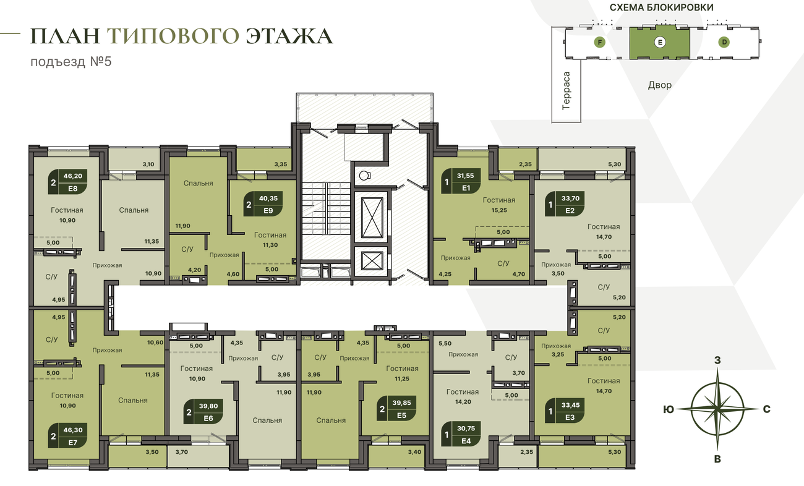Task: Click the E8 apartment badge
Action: coord(68,182)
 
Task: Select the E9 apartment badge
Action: coord(263,204)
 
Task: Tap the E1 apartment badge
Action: coord(461,181)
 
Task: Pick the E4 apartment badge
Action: coord(461,434)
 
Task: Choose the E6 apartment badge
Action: coord(203,412)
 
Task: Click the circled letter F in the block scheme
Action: coord(599,42)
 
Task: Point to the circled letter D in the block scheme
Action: coord(724,42)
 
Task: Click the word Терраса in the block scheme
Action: coord(566,91)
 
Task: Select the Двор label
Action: coord(660,85)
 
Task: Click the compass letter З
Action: coord(717,360)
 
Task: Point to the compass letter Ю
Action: coord(669,409)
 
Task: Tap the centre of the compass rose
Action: coord(717,409)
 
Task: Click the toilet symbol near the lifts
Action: coord(365,176)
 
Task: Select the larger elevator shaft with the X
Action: coord(372,218)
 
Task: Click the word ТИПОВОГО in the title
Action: coord(173,36)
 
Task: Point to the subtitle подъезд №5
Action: coord(71,62)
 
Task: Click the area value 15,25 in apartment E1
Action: coord(499,210)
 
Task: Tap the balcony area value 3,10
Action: coord(148,164)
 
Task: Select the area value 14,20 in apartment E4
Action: coord(463,402)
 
